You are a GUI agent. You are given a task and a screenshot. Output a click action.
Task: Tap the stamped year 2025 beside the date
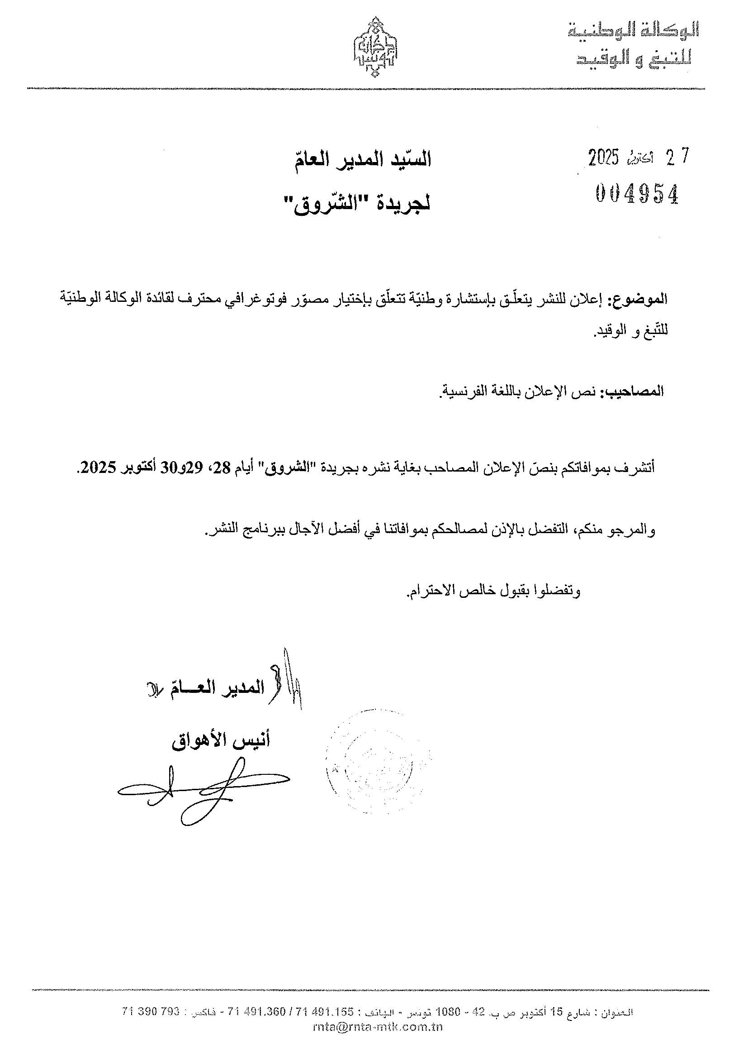click(603, 158)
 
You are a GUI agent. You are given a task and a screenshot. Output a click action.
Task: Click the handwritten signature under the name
click(203, 794)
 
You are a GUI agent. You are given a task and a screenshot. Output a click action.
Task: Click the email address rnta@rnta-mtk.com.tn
click(378, 1027)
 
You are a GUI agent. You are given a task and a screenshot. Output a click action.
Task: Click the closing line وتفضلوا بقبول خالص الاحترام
click(493, 592)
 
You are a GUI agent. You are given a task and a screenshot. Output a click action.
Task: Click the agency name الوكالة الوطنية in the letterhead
click(634, 31)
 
